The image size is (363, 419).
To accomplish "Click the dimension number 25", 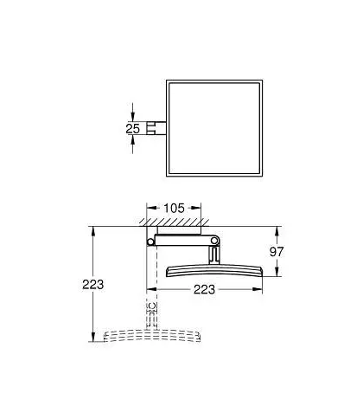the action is (132, 128).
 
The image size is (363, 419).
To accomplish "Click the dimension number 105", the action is (174, 208).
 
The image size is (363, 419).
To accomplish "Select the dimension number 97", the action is (277, 252).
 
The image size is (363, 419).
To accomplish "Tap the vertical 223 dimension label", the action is (93, 285).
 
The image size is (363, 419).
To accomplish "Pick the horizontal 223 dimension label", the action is (204, 289).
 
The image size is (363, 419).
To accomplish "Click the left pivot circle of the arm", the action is (150, 242).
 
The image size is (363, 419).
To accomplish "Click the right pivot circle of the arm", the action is (214, 241).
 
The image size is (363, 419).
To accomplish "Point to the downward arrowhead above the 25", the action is (132, 117).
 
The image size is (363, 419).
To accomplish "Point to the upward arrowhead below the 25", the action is (132, 140).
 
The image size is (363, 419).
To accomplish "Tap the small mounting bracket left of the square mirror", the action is (156, 128).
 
